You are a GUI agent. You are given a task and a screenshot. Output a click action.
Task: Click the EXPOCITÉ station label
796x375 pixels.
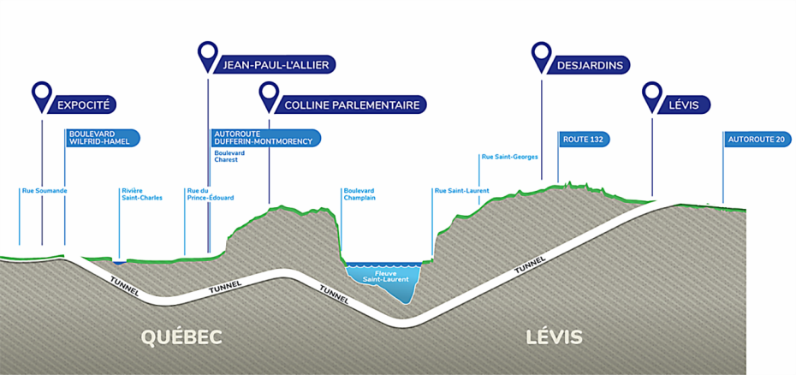click(84, 105)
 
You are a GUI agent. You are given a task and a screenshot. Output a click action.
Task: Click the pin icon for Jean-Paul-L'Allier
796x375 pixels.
click(207, 55)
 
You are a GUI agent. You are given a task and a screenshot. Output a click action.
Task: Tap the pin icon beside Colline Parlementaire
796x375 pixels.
click(269, 95)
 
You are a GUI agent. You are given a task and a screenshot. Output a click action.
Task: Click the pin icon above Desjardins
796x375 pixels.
click(541, 55)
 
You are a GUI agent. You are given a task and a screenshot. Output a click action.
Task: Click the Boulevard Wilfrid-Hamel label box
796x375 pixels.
click(102, 138)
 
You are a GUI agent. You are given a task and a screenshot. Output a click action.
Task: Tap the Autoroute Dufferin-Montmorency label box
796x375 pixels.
click(265, 138)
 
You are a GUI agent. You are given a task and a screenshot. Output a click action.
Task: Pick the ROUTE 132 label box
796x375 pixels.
click(586, 138)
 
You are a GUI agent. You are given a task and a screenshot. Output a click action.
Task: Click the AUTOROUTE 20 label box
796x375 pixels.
click(755, 138)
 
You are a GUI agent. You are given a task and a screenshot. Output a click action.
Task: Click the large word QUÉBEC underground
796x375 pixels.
click(181, 336)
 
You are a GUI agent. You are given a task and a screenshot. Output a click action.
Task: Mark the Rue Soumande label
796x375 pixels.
click(45, 190)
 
